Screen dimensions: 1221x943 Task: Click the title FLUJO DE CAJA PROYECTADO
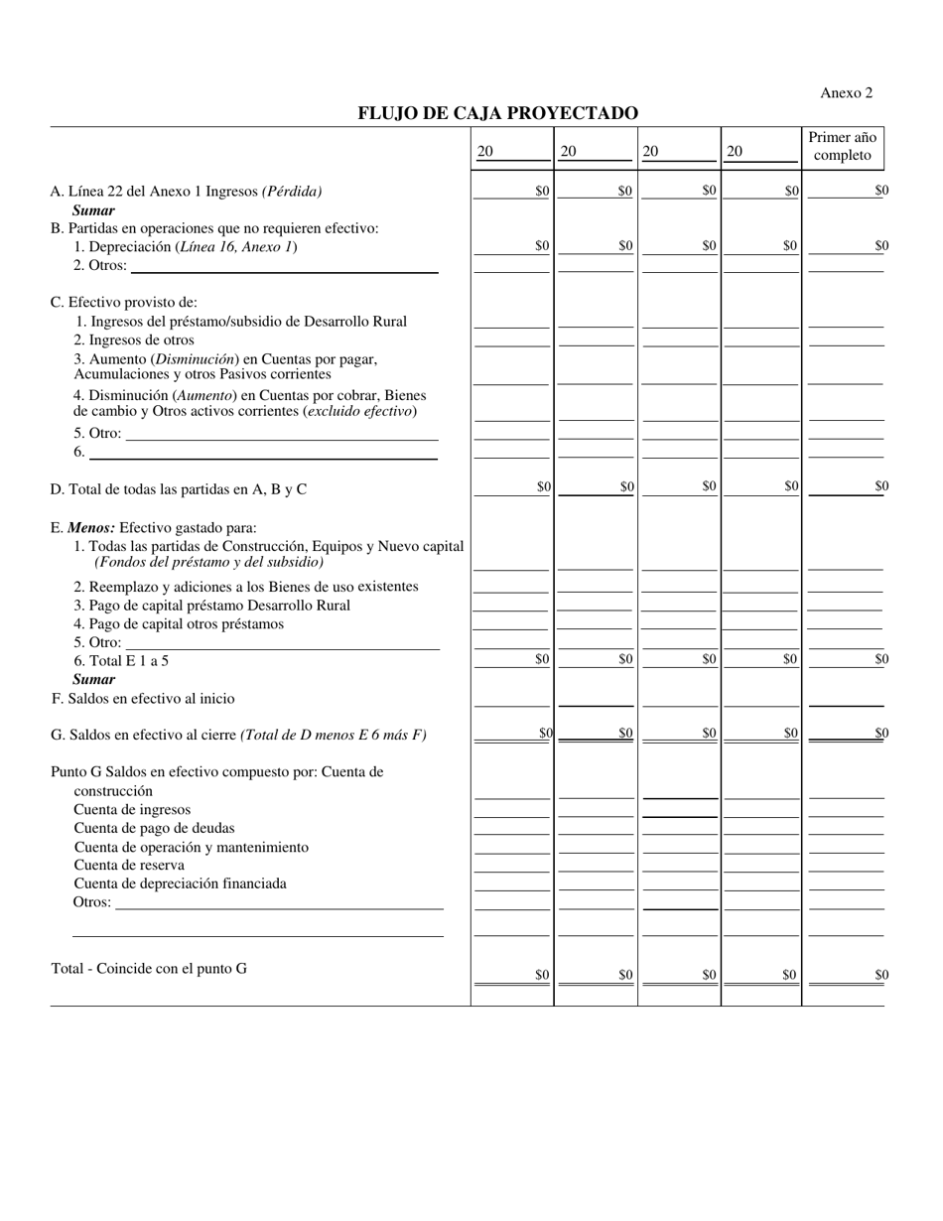point(497,113)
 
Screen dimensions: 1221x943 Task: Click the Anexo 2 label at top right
point(846,92)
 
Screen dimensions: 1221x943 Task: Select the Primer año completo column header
point(842,146)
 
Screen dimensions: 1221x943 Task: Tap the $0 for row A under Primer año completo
point(881,191)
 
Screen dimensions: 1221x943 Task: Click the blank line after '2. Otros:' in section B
point(284,266)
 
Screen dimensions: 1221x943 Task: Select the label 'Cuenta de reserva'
point(129,866)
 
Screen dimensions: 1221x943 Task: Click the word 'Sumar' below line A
point(93,210)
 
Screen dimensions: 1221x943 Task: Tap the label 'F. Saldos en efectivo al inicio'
point(143,699)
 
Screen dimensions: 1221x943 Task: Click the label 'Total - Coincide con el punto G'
point(149,968)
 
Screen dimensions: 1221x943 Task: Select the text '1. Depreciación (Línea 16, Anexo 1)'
point(186,247)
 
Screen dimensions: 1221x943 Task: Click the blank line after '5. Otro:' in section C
point(282,434)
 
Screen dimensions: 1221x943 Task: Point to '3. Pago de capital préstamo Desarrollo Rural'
point(211,606)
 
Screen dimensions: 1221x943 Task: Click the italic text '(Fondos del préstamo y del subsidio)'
point(208,562)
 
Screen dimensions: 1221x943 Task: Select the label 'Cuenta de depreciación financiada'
point(180,883)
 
